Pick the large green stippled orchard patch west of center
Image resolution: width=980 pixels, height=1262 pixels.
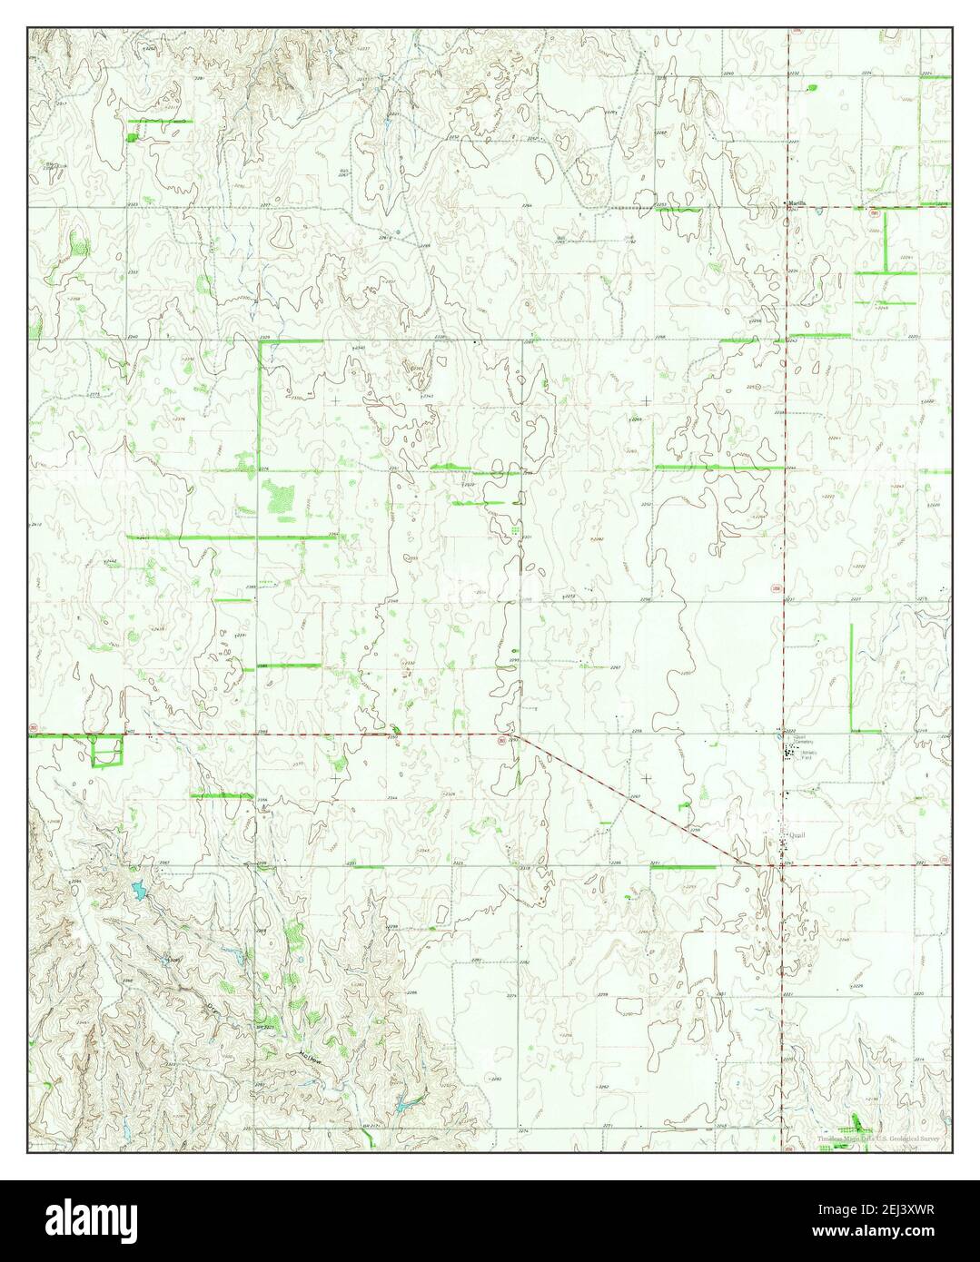(x=277, y=497)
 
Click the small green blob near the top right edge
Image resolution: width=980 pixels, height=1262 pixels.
(x=811, y=87)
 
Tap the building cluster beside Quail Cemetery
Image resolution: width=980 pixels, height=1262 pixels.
(x=790, y=753)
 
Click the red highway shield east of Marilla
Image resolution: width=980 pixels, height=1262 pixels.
(x=873, y=214)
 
